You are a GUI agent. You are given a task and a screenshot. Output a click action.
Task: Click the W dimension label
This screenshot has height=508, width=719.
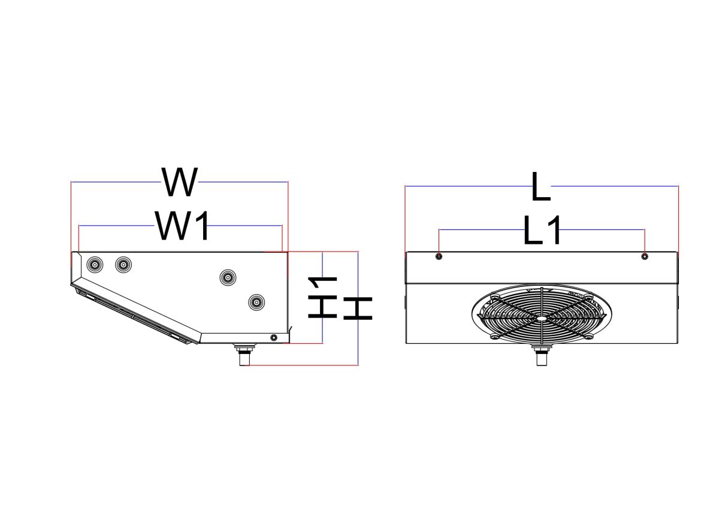[179, 182]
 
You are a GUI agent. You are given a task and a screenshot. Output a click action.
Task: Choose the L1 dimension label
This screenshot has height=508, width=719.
[542, 231]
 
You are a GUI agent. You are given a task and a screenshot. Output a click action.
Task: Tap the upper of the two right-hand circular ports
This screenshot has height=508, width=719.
[228, 277]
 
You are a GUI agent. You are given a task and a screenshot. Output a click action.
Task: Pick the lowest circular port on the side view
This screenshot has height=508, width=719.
[256, 303]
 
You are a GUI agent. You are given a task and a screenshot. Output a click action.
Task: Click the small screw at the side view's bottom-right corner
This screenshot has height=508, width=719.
[274, 338]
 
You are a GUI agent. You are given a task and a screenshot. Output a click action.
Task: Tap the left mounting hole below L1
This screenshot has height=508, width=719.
[439, 256]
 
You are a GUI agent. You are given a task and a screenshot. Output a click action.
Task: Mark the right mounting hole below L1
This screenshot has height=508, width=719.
[645, 256]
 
